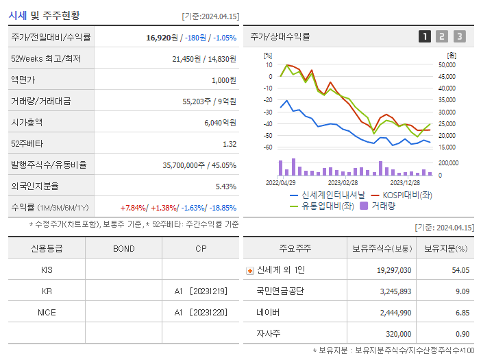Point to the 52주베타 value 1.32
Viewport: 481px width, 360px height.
(229, 144)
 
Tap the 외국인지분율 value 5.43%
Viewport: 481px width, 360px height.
(225, 187)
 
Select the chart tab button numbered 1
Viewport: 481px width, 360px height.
(425, 37)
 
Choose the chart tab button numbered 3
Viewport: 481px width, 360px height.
(459, 37)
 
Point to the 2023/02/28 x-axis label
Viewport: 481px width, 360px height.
(343, 182)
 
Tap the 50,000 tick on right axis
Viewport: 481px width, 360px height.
(447, 65)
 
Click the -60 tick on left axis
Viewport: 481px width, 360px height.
(268, 147)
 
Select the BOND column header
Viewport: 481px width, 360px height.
(123, 248)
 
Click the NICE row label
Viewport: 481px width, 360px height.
(47, 313)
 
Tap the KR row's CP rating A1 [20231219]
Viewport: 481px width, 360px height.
(200, 291)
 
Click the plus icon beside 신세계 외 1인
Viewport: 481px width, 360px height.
(250, 270)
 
